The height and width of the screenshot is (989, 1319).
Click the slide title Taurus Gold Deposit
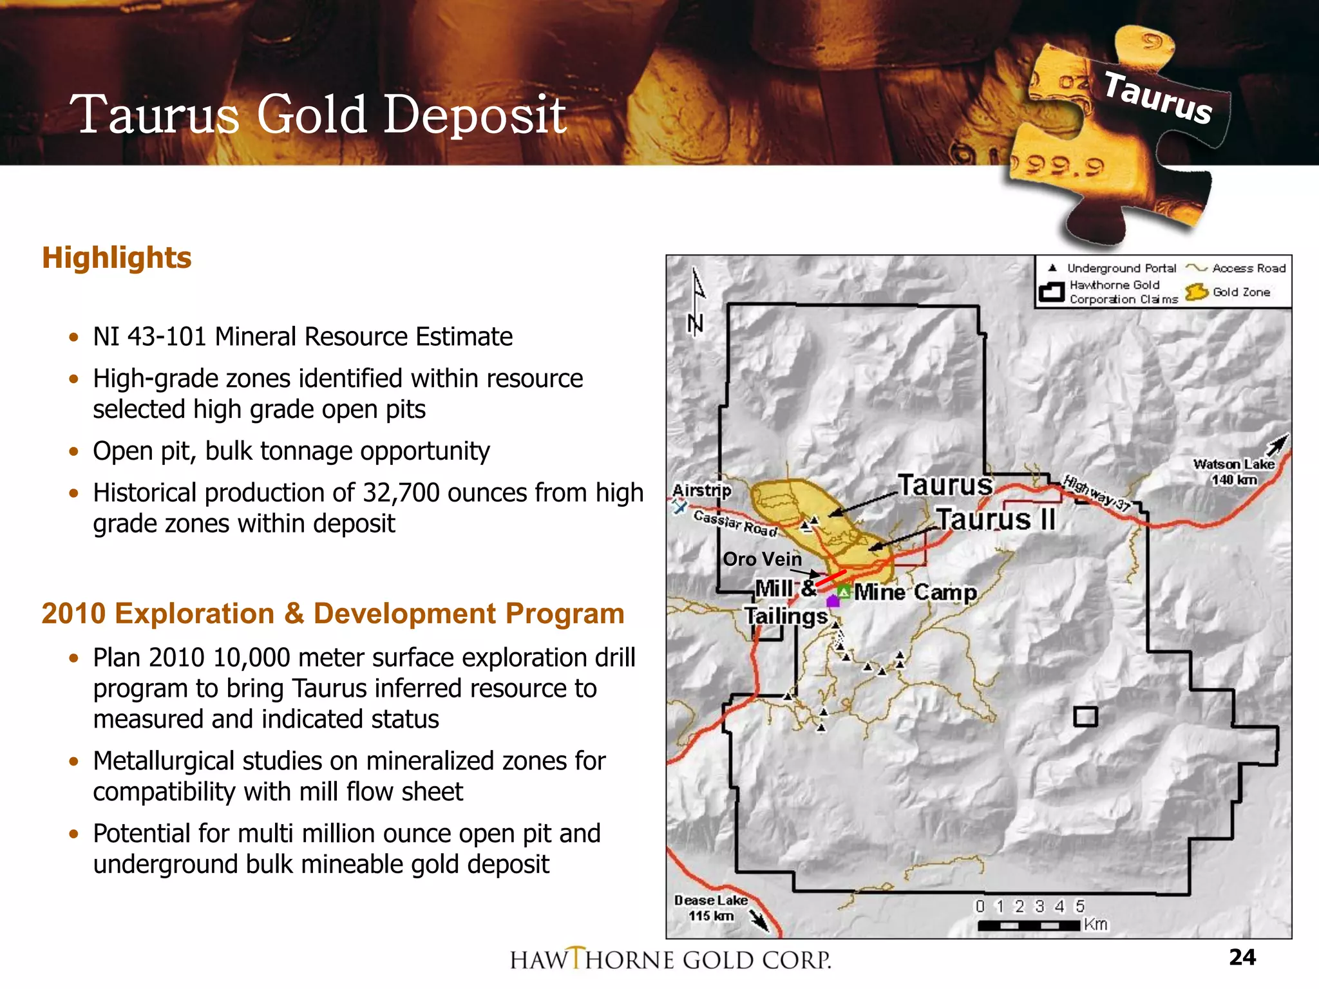tap(320, 115)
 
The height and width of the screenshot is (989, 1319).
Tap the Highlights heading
tap(117, 258)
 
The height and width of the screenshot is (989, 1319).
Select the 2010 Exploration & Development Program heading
tap(333, 614)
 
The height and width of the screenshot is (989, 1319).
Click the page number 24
tap(1242, 957)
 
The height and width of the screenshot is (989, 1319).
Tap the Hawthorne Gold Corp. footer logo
tap(670, 959)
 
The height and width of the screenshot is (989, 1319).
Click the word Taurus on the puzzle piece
tap(1158, 98)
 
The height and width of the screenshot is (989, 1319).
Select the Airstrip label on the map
tap(702, 491)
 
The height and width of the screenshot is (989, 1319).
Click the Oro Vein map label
tap(763, 559)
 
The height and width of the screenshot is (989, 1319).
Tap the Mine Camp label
tap(915, 592)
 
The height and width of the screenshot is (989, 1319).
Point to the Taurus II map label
tap(996, 520)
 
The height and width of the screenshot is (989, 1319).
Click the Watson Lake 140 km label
tap(1233, 472)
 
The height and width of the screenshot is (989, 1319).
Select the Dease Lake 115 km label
tap(711, 908)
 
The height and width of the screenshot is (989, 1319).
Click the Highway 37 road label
tap(1096, 493)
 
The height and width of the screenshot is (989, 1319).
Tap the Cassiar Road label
tap(735, 523)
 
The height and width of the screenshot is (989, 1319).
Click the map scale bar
tap(1029, 925)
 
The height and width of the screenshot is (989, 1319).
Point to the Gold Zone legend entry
tap(1229, 292)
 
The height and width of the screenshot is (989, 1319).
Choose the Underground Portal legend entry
tap(1112, 268)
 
